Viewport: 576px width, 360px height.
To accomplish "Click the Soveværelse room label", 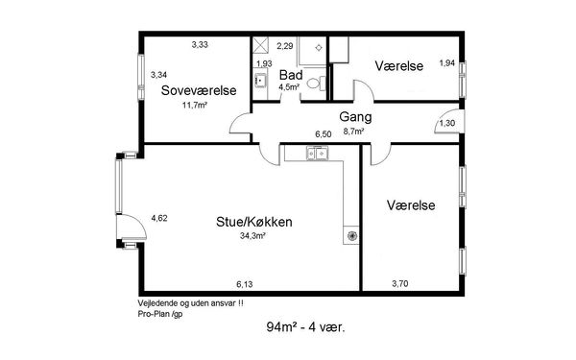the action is point(199,90).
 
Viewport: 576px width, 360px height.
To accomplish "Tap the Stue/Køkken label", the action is point(254,222).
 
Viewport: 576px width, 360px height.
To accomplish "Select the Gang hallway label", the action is point(355,117).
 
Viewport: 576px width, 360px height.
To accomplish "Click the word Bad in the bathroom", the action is point(291,75).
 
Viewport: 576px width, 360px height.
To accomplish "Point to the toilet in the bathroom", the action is point(316,84).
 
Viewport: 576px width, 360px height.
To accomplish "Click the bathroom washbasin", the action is point(260,80).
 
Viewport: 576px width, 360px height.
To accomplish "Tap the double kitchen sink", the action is point(318,153).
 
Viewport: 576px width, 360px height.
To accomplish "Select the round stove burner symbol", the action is point(351,236).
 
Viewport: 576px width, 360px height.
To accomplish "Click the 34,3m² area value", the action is point(252,236).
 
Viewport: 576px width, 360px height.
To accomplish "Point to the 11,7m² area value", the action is point(195,106).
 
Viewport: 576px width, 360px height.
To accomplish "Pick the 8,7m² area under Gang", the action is point(353,132).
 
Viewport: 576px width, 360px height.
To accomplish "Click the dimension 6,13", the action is point(244,284).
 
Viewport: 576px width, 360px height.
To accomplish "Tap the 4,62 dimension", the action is point(159,218).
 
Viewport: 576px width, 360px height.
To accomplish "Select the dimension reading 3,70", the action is point(400,283).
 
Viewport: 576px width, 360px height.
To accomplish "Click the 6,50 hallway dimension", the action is point(324,134).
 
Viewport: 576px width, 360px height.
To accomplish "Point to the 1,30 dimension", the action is point(447,123).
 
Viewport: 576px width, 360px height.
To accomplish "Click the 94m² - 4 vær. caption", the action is point(305,326).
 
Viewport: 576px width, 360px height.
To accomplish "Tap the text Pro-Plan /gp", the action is point(160,314).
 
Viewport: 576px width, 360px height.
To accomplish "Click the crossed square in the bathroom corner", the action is point(261,46).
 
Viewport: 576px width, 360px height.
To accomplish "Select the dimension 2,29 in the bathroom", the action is point(285,46).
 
